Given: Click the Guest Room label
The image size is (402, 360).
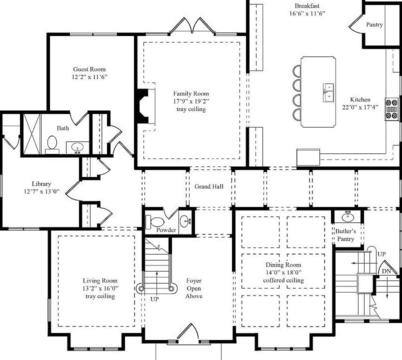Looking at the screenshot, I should tap(89, 69).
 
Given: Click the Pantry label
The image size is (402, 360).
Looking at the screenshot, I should tap(374, 24).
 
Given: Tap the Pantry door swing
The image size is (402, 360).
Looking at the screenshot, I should tap(356, 23).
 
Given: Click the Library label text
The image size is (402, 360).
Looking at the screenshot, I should tap(41, 183).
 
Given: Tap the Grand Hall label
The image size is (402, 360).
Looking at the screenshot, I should tap(209, 186).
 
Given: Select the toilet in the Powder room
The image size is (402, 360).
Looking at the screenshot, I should tap(156, 221).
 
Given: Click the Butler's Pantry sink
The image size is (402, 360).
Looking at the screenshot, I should tap(347, 217).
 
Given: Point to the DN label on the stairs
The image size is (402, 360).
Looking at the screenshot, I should tap(386, 270).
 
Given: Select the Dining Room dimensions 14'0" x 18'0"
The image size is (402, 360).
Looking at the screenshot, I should tap(283, 272).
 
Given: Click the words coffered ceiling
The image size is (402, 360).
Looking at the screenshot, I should tap(283, 280).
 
